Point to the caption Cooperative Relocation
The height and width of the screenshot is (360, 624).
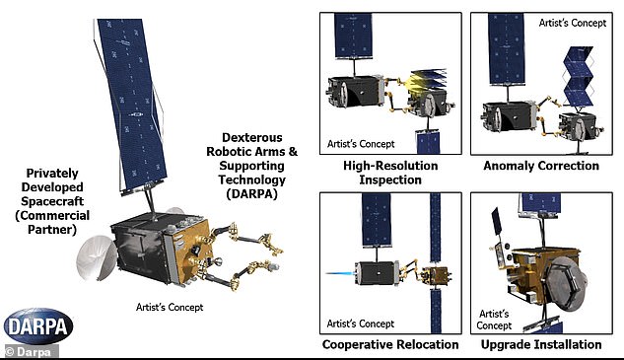[x=390, y=344]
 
